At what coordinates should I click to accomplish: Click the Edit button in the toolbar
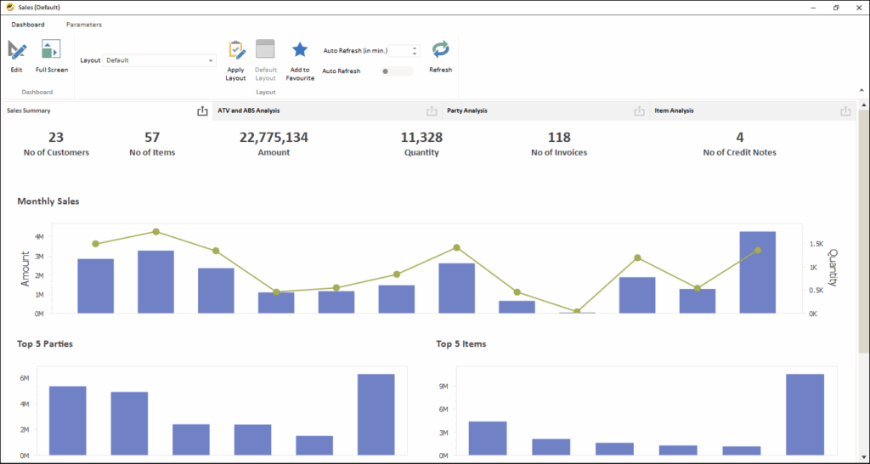(17, 55)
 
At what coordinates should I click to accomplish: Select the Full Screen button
(51, 55)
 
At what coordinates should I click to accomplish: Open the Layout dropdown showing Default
(160, 60)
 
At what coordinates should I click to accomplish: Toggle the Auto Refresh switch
(397, 71)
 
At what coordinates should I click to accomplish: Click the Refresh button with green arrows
(440, 54)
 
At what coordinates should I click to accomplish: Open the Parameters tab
(83, 25)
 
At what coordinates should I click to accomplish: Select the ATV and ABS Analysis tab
(249, 110)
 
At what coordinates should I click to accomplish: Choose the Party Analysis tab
(466, 110)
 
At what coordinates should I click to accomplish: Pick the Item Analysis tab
(674, 110)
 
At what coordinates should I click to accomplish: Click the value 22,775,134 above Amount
(274, 137)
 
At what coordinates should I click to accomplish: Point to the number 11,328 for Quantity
(421, 137)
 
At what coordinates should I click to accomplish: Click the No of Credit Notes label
(739, 153)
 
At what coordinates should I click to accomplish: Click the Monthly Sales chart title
(48, 201)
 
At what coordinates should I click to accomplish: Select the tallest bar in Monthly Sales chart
(757, 272)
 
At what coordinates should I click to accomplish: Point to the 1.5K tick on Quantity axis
(816, 244)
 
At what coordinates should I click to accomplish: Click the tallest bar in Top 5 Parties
(376, 414)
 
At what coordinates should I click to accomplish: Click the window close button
(857, 7)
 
